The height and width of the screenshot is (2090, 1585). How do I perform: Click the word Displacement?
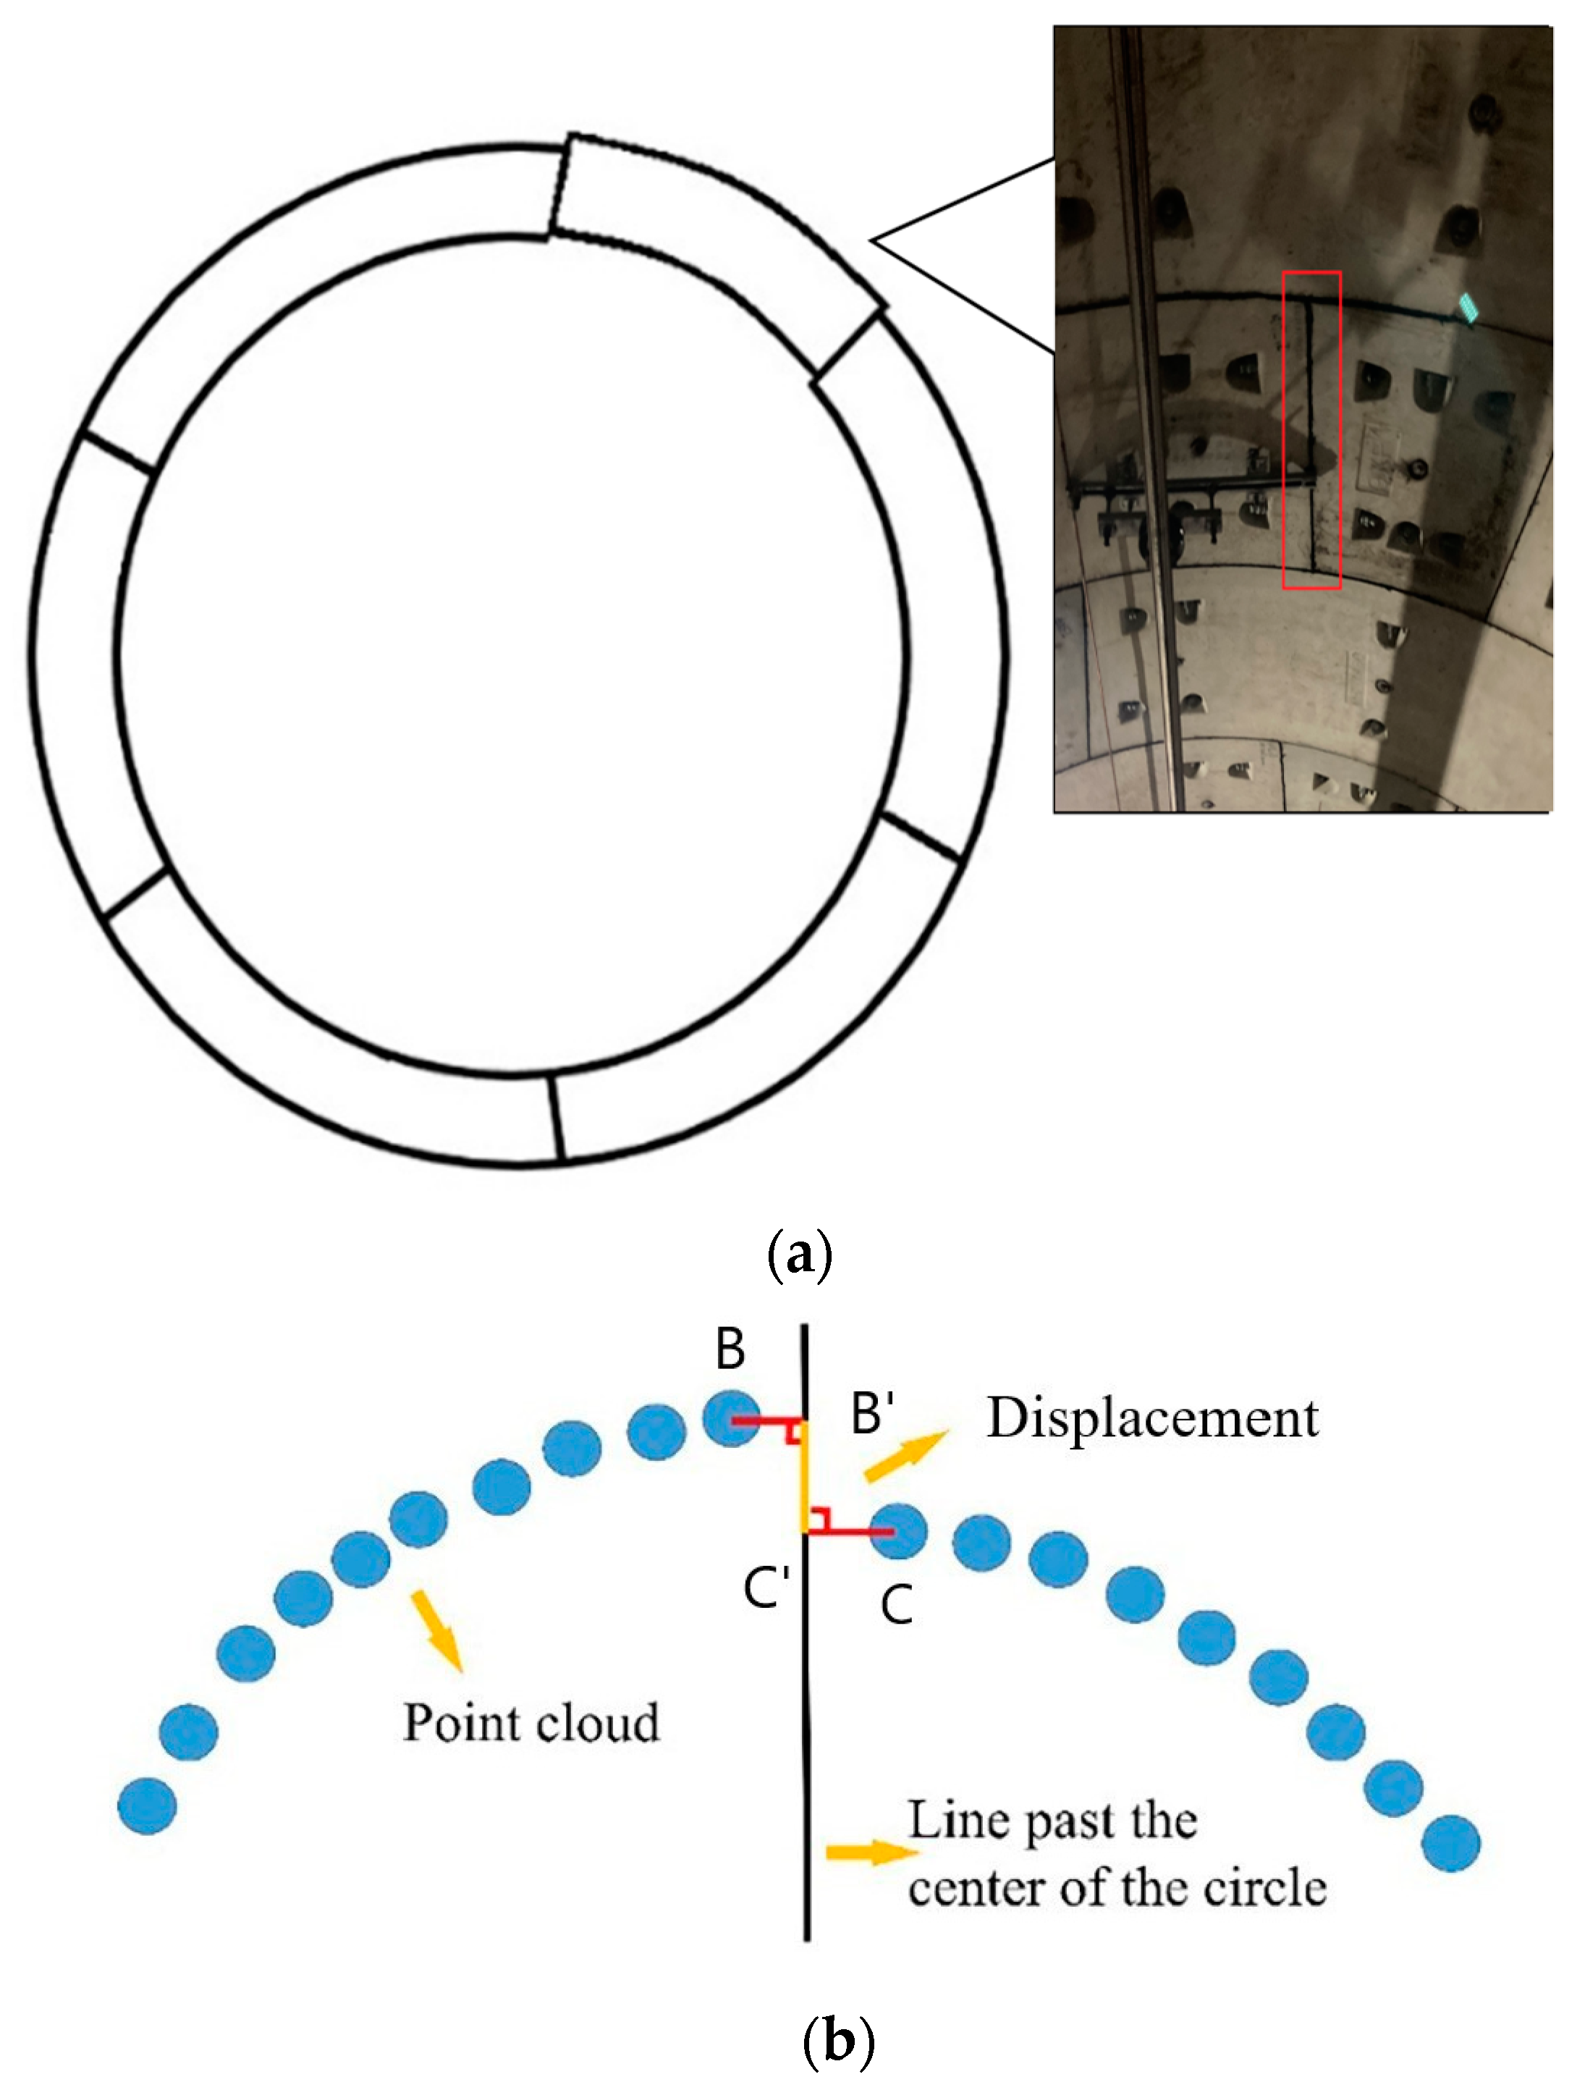1151,1418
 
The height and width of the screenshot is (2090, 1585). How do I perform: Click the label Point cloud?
531,1722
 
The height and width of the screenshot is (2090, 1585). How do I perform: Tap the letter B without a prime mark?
730,1349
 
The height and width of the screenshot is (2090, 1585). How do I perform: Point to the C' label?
765,1588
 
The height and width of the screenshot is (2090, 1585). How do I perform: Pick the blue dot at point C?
897,1532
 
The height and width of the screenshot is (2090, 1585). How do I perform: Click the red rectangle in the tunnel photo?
1311,430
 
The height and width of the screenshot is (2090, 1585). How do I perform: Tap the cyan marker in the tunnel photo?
1468,307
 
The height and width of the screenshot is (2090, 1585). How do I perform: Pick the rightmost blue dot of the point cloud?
1451,1843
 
